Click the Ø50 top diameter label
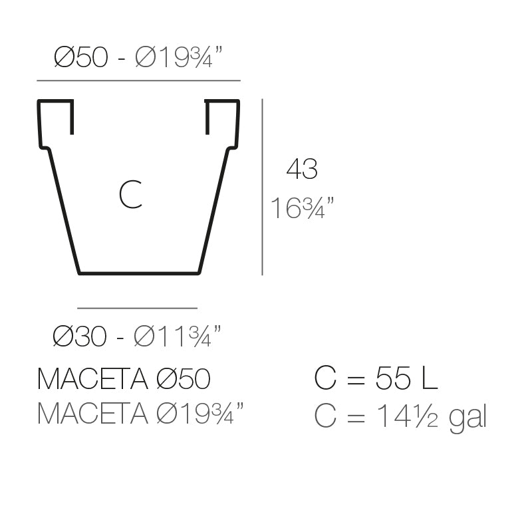(80, 58)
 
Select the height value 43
(301, 170)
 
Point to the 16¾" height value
(301, 209)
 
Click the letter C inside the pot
(130, 195)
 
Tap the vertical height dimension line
(263, 186)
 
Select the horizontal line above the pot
(138, 80)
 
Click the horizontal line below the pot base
(138, 309)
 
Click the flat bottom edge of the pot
(138, 273)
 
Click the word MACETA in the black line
(92, 380)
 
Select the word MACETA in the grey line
(92, 414)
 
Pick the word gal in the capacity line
(468, 418)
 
